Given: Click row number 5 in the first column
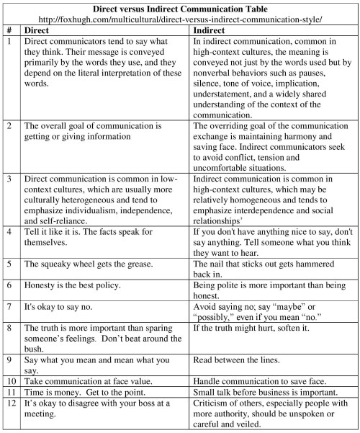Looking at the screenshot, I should click(x=9, y=264).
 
